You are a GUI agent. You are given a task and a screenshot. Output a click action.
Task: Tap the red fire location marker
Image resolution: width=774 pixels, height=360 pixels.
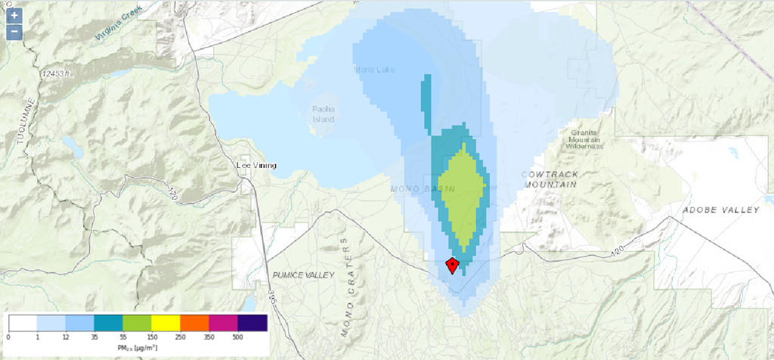pyautogui.click(x=452, y=265)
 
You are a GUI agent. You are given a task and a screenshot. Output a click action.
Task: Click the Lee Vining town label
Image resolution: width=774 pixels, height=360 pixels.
pyautogui.click(x=257, y=166)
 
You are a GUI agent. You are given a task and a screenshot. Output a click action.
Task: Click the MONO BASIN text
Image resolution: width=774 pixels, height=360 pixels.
pyautogui.click(x=423, y=188)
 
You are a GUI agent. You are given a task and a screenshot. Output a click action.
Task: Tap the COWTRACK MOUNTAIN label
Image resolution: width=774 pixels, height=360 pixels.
pyautogui.click(x=550, y=178)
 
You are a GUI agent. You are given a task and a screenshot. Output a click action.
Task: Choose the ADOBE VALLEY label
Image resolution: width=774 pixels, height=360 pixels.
pyautogui.click(x=720, y=209)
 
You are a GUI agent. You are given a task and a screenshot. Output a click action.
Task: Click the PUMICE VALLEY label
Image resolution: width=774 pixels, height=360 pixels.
pyautogui.click(x=302, y=275)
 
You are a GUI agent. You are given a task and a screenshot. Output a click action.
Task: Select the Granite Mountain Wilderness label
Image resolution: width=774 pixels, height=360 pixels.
pyautogui.click(x=586, y=140)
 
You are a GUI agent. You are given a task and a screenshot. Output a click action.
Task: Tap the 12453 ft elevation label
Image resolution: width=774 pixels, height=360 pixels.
pyautogui.click(x=57, y=73)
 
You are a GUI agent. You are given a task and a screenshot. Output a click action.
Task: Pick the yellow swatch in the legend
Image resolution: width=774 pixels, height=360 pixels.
pyautogui.click(x=166, y=323)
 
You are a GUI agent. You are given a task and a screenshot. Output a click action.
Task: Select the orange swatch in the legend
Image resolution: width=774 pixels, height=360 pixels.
pyautogui.click(x=194, y=323)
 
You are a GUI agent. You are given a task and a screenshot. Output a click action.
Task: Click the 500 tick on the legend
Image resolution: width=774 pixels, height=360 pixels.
pyautogui.click(x=237, y=336)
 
